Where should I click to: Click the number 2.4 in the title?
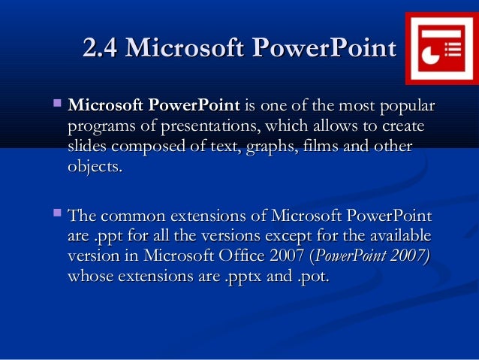coord(101,49)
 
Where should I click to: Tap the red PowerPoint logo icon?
coord(440,49)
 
